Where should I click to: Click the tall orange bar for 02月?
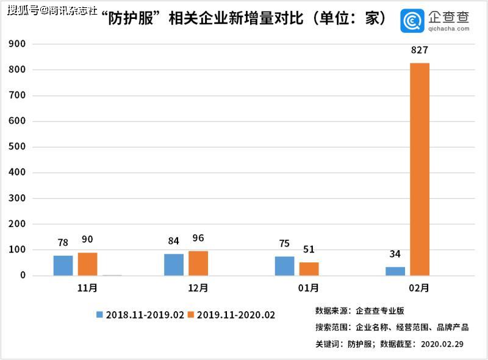[420, 169]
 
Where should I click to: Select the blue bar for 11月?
[63, 265]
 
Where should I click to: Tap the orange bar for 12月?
[198, 263]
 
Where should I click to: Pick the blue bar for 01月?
[284, 266]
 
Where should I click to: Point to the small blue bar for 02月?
[395, 271]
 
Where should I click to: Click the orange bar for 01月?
[309, 269]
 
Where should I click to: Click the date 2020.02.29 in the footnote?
[442, 344]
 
